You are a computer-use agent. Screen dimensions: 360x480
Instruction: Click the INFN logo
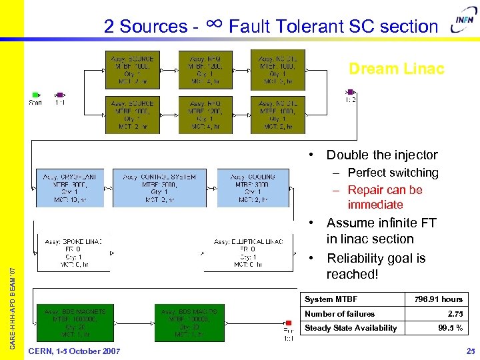click(x=464, y=23)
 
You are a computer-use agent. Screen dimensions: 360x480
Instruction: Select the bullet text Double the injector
click(x=381, y=155)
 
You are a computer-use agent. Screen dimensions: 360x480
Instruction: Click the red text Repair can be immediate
click(x=385, y=197)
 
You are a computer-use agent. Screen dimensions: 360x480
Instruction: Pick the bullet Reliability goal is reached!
click(x=375, y=266)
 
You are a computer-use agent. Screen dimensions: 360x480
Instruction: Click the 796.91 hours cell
click(x=438, y=299)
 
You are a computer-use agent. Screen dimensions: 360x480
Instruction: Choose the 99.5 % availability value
click(x=451, y=327)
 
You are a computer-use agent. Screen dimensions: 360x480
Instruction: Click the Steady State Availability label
click(x=351, y=327)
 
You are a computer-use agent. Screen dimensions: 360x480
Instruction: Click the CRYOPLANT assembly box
click(x=70, y=187)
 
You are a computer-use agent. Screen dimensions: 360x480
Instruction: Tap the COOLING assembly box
click(x=252, y=187)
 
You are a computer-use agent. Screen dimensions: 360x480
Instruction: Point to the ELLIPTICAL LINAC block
click(x=248, y=253)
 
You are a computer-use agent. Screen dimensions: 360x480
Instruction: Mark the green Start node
click(x=35, y=95)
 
